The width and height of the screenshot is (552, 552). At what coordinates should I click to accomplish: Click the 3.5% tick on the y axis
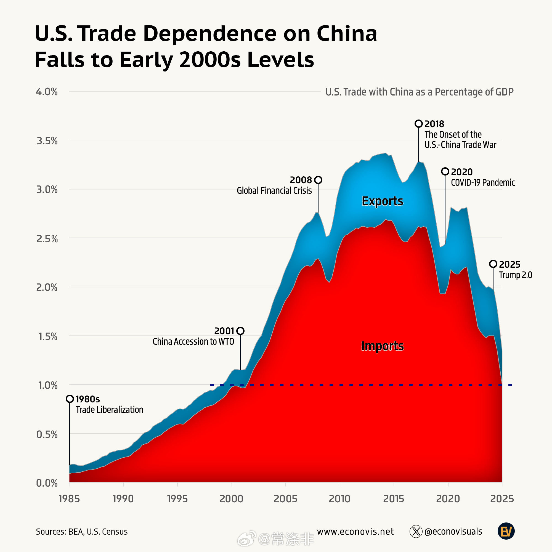coord(47,141)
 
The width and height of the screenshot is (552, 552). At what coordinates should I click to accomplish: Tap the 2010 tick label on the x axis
coord(339,499)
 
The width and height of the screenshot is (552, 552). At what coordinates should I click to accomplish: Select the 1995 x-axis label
coord(177,499)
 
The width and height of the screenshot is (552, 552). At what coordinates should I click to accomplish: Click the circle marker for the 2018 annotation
coord(419,124)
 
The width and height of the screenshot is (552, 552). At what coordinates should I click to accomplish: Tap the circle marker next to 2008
coord(318,180)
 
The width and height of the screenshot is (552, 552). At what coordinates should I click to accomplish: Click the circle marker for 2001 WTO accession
coord(240,331)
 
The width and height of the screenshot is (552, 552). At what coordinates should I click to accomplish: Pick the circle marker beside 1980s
coord(70,399)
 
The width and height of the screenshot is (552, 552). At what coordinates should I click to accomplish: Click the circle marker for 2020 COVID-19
coord(445,171)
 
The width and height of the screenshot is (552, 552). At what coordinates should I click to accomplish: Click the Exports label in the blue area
coord(382,201)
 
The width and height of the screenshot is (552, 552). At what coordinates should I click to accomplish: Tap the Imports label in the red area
coord(382,346)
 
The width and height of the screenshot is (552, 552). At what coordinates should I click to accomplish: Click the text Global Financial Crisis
coord(274,190)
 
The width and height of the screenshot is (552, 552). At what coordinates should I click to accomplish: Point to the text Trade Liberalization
coord(109,410)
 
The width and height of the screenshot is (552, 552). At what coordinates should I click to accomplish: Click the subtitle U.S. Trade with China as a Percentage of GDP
coord(419,92)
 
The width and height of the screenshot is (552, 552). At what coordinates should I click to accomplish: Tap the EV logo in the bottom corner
coord(506,531)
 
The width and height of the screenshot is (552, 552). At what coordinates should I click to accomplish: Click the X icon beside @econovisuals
coord(416,531)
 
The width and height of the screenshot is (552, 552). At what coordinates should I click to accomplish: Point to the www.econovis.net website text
coord(355,531)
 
